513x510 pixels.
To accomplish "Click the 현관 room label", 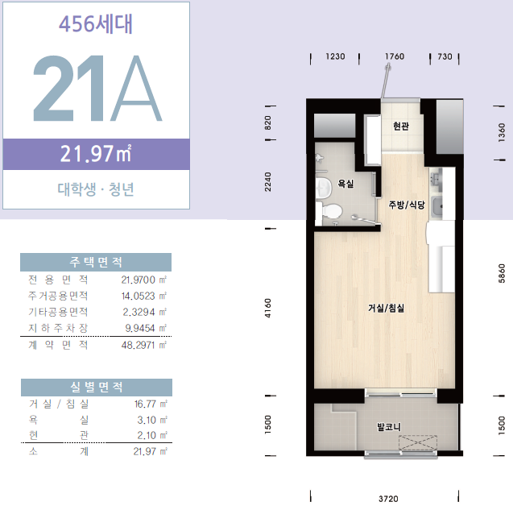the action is [401, 126].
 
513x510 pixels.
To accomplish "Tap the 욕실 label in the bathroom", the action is [345, 184].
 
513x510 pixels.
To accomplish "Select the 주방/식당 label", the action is [407, 205].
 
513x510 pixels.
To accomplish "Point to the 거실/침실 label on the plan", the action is [386, 308].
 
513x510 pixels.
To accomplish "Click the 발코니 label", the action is [389, 427].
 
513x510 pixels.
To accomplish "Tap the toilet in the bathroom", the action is [330, 211].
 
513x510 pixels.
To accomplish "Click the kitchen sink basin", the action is [437, 207].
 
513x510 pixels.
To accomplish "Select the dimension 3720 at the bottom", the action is [388, 499].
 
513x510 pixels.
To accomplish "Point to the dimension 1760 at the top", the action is [395, 56].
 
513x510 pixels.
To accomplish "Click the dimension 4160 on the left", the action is [268, 308].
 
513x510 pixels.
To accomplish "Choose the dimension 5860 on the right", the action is [502, 274].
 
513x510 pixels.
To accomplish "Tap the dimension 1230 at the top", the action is [335, 56].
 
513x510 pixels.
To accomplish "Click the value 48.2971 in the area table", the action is [138, 346].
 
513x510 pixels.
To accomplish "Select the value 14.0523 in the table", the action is [138, 296].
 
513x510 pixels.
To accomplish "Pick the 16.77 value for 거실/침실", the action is [145, 404].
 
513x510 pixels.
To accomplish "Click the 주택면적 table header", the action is [96, 262].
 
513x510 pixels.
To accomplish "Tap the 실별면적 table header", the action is [97, 388].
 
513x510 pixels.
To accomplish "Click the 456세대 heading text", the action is [96, 24].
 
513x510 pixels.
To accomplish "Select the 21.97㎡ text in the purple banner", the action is [96, 154].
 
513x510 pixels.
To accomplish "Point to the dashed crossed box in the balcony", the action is [418, 443].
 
